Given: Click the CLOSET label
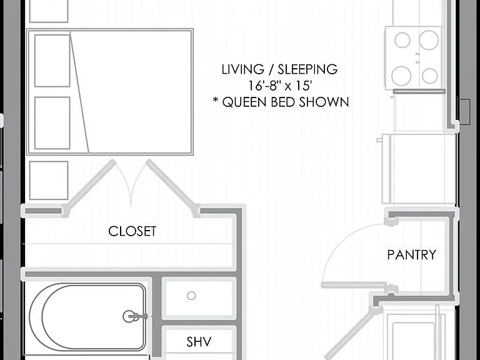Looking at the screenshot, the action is pyautogui.click(x=132, y=231).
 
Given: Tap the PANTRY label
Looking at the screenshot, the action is pyautogui.click(x=412, y=255).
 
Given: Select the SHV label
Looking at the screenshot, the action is pyautogui.click(x=199, y=342).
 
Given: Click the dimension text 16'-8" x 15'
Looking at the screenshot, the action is pyautogui.click(x=280, y=86).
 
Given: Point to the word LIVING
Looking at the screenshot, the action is pyautogui.click(x=242, y=69).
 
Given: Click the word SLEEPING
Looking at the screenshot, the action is pyautogui.click(x=307, y=69).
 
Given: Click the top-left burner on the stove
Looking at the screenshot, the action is pyautogui.click(x=402, y=41).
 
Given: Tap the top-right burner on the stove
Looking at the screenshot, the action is pyautogui.click(x=429, y=40).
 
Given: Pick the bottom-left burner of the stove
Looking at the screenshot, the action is pyautogui.click(x=401, y=76).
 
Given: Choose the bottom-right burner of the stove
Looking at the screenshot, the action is pyautogui.click(x=429, y=76).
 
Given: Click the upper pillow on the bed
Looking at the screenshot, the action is pyautogui.click(x=52, y=61).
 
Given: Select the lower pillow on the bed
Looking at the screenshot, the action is pyautogui.click(x=52, y=123).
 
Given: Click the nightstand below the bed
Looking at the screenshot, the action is pyautogui.click(x=49, y=180).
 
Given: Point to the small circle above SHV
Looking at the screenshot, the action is pyautogui.click(x=192, y=296).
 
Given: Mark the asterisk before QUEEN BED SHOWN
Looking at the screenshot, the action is pyautogui.click(x=216, y=100).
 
